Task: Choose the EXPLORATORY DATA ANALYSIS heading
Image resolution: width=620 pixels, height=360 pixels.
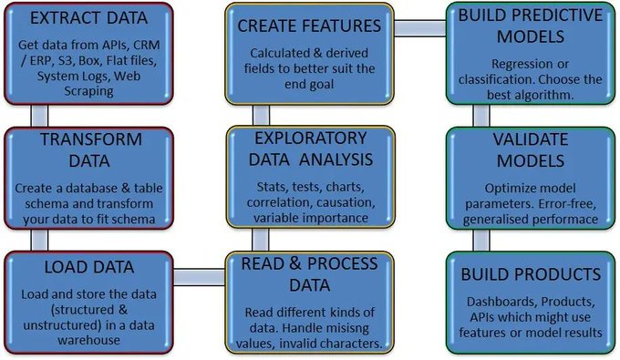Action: [x=311, y=151]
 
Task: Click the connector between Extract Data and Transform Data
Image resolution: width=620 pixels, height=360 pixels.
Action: [x=38, y=117]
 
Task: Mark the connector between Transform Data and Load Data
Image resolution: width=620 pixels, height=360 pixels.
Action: [x=38, y=240]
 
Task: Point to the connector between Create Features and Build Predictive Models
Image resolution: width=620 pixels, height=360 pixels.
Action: [x=420, y=26]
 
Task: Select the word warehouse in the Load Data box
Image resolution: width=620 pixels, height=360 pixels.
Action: [x=78, y=341]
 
